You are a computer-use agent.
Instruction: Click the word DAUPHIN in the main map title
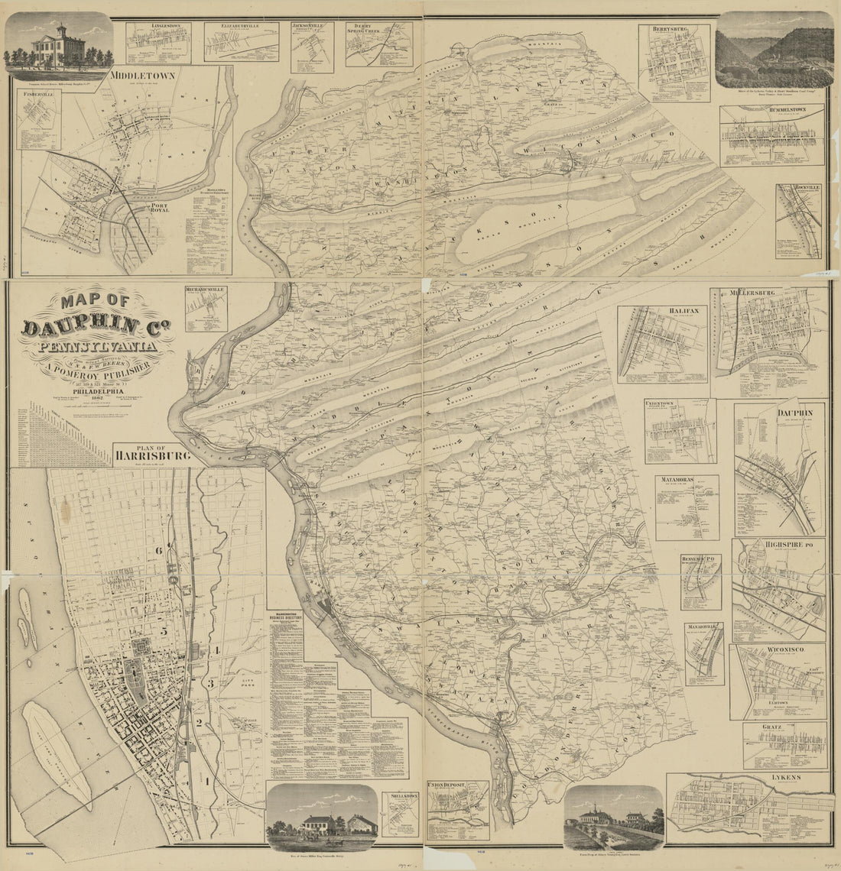click(x=80, y=328)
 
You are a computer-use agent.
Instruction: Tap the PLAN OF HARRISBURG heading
click(x=151, y=455)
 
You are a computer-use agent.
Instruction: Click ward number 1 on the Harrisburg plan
click(x=205, y=781)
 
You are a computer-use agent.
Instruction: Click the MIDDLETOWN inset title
click(x=142, y=76)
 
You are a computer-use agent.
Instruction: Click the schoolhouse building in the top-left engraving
click(x=57, y=42)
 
